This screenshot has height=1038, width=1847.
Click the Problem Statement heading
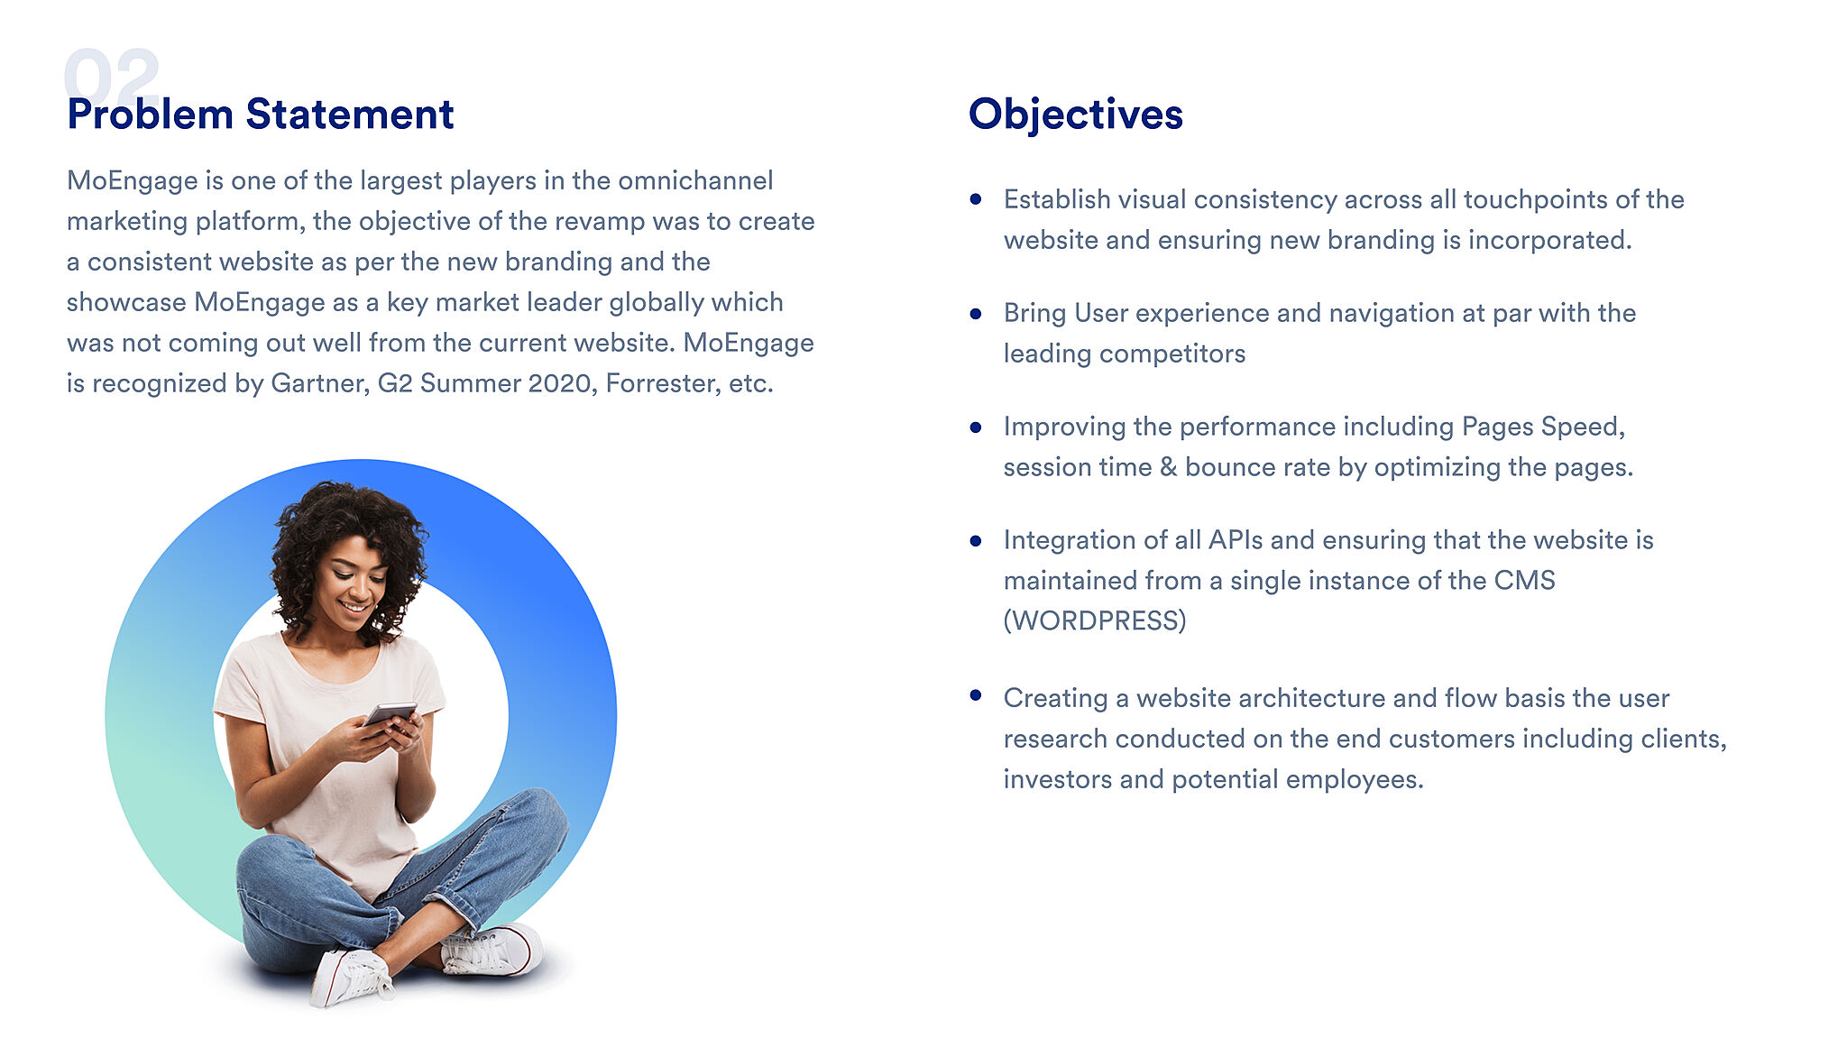[x=260, y=115]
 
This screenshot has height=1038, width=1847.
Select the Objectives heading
[x=1075, y=115]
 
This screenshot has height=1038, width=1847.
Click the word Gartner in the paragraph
[x=320, y=383]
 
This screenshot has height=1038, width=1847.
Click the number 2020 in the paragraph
[x=559, y=383]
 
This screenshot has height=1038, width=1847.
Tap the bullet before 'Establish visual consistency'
[x=975, y=199]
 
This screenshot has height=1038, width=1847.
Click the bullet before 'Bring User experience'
[x=975, y=314]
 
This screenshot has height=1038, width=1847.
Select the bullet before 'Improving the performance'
[x=975, y=427]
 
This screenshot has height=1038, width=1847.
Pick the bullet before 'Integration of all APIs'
[x=975, y=541]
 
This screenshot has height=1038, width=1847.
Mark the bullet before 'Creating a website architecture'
[x=975, y=695]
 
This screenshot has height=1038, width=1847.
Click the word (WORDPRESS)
[x=1095, y=620]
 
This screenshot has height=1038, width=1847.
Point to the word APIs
[x=1236, y=540]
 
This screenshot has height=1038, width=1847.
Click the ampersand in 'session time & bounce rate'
[x=1168, y=467]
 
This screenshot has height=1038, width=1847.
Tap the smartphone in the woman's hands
[x=391, y=713]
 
